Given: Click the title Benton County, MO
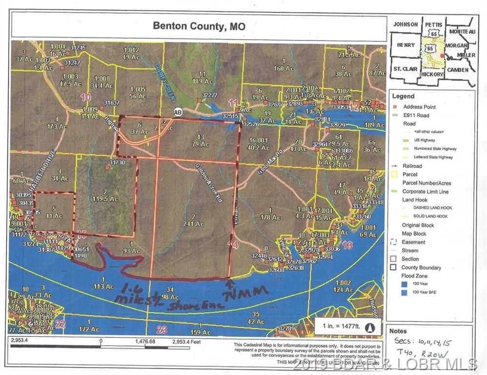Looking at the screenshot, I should (199, 25).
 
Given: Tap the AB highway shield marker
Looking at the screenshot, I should (178, 111).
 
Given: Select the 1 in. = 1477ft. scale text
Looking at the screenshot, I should (341, 327).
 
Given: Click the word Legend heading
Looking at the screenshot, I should (403, 96).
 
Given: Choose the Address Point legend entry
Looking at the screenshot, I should (419, 106).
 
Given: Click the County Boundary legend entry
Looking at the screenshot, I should (421, 268).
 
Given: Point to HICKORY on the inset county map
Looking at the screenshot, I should (432, 74).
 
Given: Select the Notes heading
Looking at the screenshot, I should (398, 331).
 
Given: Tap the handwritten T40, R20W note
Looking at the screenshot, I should (423, 355).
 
